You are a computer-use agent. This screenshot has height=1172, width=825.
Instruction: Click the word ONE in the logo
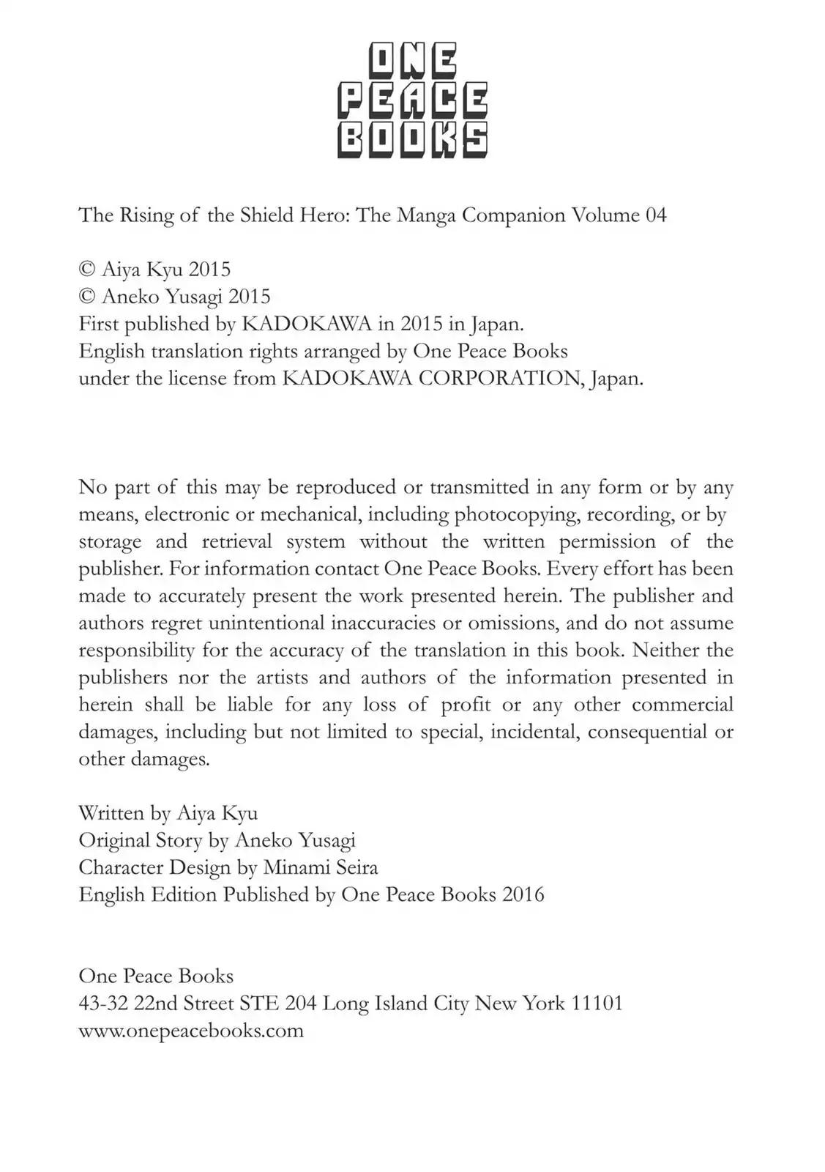pyautogui.click(x=413, y=62)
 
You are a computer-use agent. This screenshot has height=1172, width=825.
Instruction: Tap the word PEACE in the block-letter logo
pyautogui.click(x=413, y=100)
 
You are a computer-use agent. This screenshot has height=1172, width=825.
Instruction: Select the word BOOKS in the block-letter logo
pyautogui.click(x=413, y=138)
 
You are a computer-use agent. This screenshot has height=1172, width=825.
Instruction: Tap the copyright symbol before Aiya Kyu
pyautogui.click(x=87, y=270)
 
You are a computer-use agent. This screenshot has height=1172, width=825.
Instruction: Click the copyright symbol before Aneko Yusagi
pyautogui.click(x=87, y=297)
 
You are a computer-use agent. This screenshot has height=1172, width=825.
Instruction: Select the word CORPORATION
pyautogui.click(x=499, y=379)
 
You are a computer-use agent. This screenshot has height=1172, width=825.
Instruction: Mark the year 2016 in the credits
pyautogui.click(x=523, y=895)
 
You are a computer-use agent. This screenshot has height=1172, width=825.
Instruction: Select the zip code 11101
pyautogui.click(x=596, y=1004)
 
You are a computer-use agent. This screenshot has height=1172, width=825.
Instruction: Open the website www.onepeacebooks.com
pyautogui.click(x=191, y=1031)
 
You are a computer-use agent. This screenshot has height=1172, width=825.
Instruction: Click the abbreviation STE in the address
pyautogui.click(x=260, y=1004)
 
